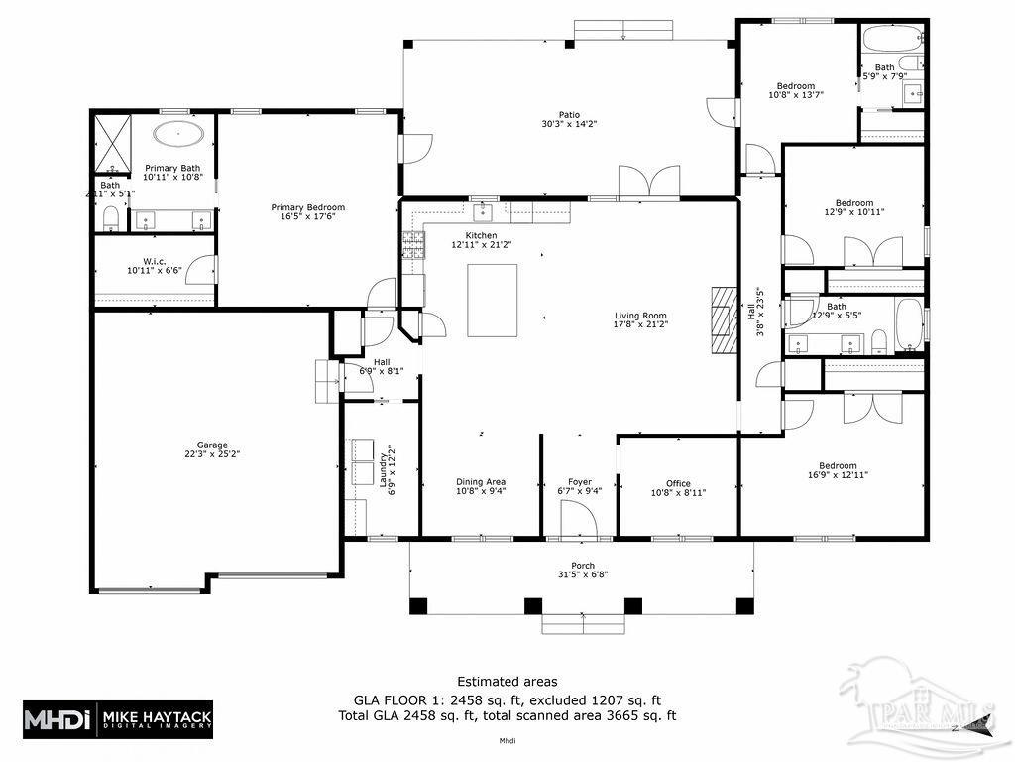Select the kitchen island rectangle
point(493,302)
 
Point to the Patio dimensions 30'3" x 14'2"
point(569,124)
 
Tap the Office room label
point(678,484)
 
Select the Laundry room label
point(383,473)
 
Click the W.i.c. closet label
point(154,262)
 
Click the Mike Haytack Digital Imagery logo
point(117,718)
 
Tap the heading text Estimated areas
point(507,681)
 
